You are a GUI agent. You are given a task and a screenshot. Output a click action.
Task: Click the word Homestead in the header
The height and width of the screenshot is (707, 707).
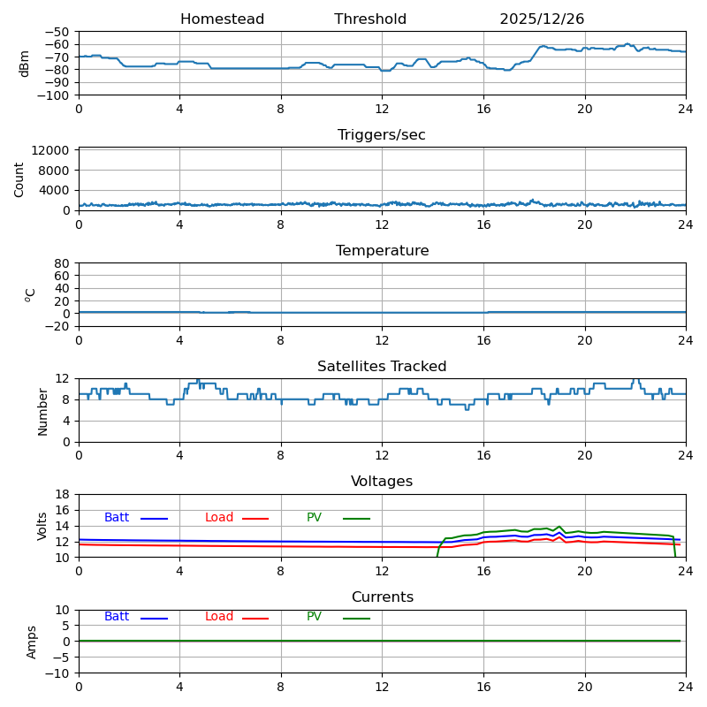pos(222,19)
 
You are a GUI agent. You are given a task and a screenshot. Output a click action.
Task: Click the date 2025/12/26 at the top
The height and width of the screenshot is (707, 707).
pos(542,19)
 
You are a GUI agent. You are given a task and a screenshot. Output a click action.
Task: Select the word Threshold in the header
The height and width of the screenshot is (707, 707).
pos(370,19)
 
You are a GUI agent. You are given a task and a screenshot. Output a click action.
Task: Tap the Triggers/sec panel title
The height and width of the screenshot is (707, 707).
pos(382,135)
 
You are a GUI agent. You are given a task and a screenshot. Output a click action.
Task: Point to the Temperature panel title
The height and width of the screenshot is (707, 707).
pos(382,251)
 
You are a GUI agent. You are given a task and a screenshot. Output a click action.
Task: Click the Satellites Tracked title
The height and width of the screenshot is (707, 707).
pos(382,367)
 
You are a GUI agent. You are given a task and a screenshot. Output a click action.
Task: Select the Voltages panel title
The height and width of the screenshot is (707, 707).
pos(382,482)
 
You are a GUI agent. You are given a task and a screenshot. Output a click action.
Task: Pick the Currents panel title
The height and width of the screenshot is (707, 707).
pos(382,597)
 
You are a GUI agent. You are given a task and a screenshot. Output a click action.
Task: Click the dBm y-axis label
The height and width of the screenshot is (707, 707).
pos(25,64)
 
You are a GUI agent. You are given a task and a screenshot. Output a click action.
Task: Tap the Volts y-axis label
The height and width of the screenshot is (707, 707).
pos(42,526)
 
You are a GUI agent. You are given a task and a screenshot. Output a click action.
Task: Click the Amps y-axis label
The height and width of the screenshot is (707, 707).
pos(32,642)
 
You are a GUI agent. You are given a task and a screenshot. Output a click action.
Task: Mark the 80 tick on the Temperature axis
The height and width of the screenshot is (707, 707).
pos(63,263)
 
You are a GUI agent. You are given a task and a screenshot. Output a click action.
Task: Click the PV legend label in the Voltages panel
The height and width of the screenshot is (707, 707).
pos(314,518)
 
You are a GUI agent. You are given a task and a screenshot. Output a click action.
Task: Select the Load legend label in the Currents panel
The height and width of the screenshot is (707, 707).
pos(219,617)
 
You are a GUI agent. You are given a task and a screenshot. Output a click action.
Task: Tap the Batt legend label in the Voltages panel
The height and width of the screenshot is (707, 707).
pos(117,518)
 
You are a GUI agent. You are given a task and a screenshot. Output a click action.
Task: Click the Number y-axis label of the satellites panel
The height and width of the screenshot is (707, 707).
pos(42,411)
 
